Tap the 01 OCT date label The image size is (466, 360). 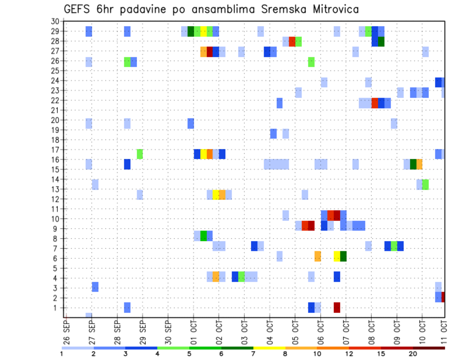[x=193, y=331]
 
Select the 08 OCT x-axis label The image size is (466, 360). [x=371, y=331]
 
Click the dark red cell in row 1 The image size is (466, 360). [x=337, y=308]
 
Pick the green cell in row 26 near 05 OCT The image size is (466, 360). [x=311, y=62]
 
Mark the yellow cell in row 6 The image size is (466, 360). [x=337, y=256]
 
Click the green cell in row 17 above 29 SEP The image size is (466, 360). [x=140, y=154]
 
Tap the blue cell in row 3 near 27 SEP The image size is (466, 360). [x=95, y=287]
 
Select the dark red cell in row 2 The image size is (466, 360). [x=443, y=297]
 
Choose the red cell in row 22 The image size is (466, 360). [x=375, y=103]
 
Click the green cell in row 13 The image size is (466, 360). [x=425, y=184]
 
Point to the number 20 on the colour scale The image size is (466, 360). [x=413, y=354]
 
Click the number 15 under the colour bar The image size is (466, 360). [x=382, y=354]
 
